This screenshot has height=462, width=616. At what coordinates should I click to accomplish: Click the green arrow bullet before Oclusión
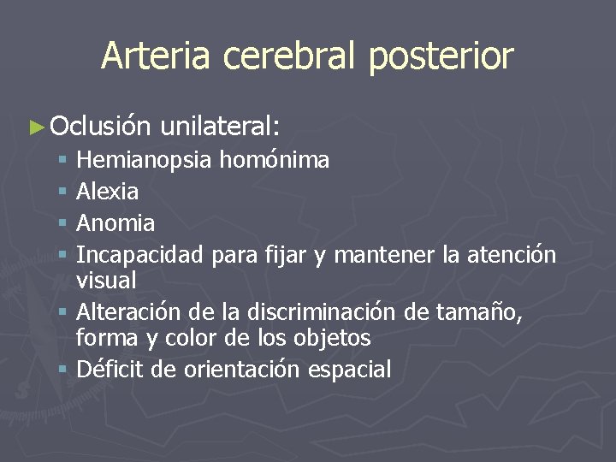[35, 127]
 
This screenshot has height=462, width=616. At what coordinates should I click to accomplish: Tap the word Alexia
[108, 192]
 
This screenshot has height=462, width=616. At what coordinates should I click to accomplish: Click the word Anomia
[115, 223]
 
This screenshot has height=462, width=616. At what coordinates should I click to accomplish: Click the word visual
[106, 280]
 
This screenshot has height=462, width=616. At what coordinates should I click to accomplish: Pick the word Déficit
[106, 370]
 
